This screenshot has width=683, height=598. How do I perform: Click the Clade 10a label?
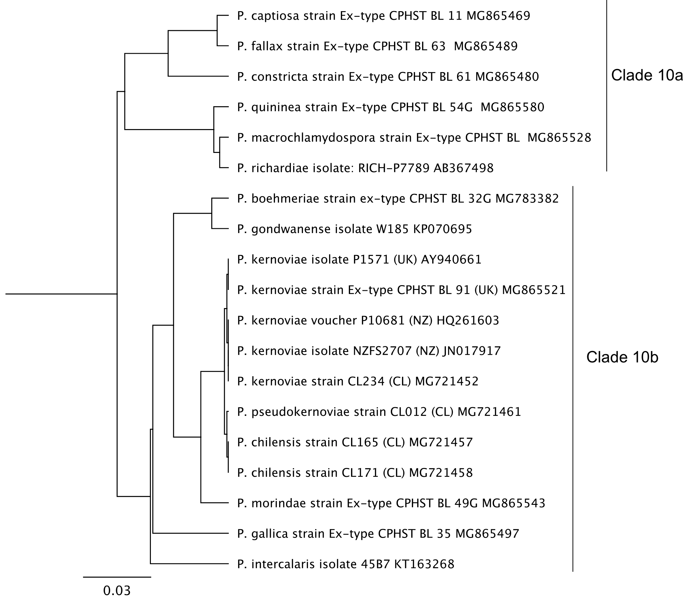click(x=647, y=75)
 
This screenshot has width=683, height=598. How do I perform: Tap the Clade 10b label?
click(x=622, y=357)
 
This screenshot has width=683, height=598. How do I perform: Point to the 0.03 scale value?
click(x=117, y=590)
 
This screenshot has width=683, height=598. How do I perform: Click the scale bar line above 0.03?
click(x=117, y=577)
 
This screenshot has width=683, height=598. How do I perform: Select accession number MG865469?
click(x=498, y=16)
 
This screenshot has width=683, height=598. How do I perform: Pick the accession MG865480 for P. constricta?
click(x=507, y=77)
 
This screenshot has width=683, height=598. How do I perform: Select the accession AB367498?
click(x=464, y=168)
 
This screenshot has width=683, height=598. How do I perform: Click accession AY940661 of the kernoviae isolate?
click(x=451, y=259)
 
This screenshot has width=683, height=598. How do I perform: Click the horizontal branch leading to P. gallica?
click(x=190, y=533)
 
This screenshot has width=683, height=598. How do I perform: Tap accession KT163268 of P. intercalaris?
click(x=424, y=564)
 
